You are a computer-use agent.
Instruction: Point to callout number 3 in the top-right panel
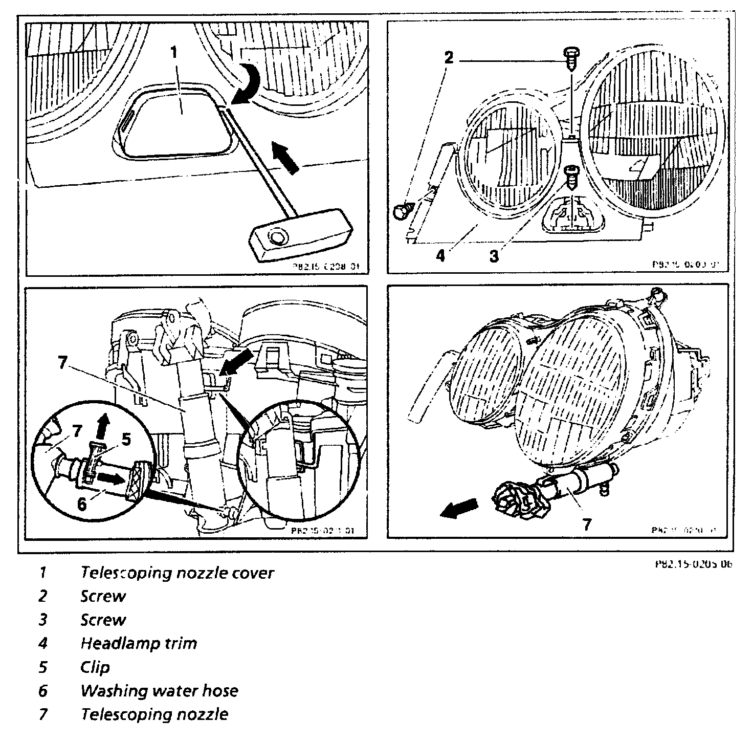pos(493,256)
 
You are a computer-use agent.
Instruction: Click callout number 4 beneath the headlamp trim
pos(440,255)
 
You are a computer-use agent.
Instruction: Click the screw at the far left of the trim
pos(403,210)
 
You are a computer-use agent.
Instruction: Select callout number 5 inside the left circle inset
pos(125,439)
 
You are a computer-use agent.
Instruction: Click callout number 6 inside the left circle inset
pos(81,504)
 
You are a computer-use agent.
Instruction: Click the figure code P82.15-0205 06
pos(693,564)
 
